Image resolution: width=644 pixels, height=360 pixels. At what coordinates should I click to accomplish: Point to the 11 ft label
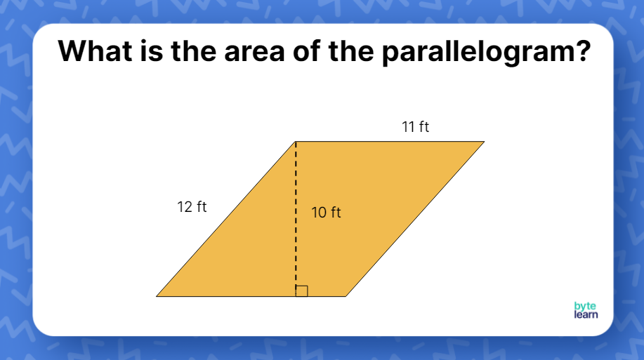415,127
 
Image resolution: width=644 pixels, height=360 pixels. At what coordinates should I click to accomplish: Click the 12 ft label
192,207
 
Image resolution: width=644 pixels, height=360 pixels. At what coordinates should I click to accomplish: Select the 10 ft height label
326,213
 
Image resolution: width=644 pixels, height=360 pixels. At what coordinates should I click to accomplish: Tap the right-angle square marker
302,291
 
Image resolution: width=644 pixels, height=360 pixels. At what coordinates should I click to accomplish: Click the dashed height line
296,211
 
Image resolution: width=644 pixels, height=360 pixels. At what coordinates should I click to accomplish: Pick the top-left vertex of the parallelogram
296,142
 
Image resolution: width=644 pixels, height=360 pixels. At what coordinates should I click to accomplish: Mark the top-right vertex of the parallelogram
485,142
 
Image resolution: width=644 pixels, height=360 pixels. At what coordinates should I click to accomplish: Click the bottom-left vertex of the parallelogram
157,296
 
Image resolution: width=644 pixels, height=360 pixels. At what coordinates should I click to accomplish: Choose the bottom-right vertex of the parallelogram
346,296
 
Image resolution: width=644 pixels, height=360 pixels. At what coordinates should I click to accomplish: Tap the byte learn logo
586,310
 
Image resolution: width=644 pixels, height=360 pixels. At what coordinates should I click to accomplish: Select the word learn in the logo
586,314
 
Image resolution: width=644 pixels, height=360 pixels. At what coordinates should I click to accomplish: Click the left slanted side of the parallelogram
226,219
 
